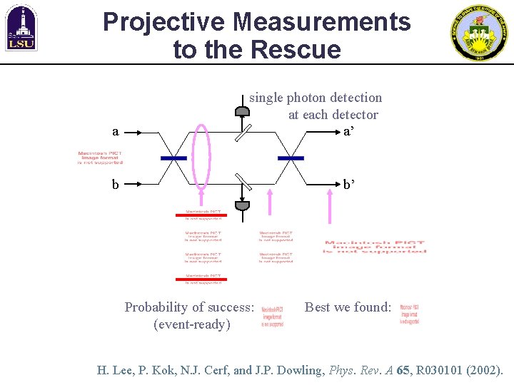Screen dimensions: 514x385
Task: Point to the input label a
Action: tap(115, 132)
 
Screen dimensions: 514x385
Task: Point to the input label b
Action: tap(115, 185)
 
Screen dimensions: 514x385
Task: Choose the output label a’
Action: tap(348, 132)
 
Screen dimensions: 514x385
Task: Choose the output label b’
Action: tap(349, 185)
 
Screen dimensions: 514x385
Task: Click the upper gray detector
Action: tap(243, 111)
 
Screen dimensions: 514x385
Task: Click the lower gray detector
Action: tap(243, 205)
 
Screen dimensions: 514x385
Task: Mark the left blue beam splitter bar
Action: tap(173, 158)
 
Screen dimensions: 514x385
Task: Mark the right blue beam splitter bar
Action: tap(290, 158)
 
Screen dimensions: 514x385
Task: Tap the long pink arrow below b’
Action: tap(329, 209)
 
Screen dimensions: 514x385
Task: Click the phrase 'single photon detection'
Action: tap(316, 98)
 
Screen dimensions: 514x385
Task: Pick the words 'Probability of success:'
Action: tap(189, 307)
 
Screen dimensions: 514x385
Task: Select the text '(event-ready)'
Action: tap(191, 324)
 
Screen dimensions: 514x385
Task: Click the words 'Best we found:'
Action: tap(348, 307)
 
